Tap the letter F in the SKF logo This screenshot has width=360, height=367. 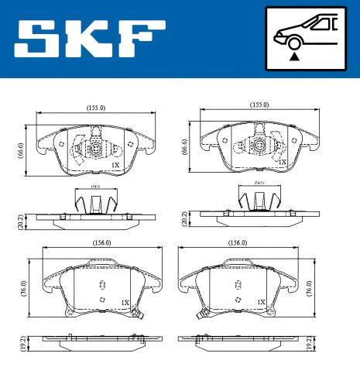coord(144,39)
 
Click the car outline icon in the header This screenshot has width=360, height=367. coord(304,31)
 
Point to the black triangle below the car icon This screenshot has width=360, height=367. coord(294,56)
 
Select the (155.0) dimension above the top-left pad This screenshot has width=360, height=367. coord(97,108)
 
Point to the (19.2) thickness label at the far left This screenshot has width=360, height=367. coord(22,341)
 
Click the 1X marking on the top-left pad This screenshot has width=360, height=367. coord(115,165)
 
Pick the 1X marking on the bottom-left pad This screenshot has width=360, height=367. coord(125,302)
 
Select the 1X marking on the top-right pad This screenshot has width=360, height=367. coord(283,162)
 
